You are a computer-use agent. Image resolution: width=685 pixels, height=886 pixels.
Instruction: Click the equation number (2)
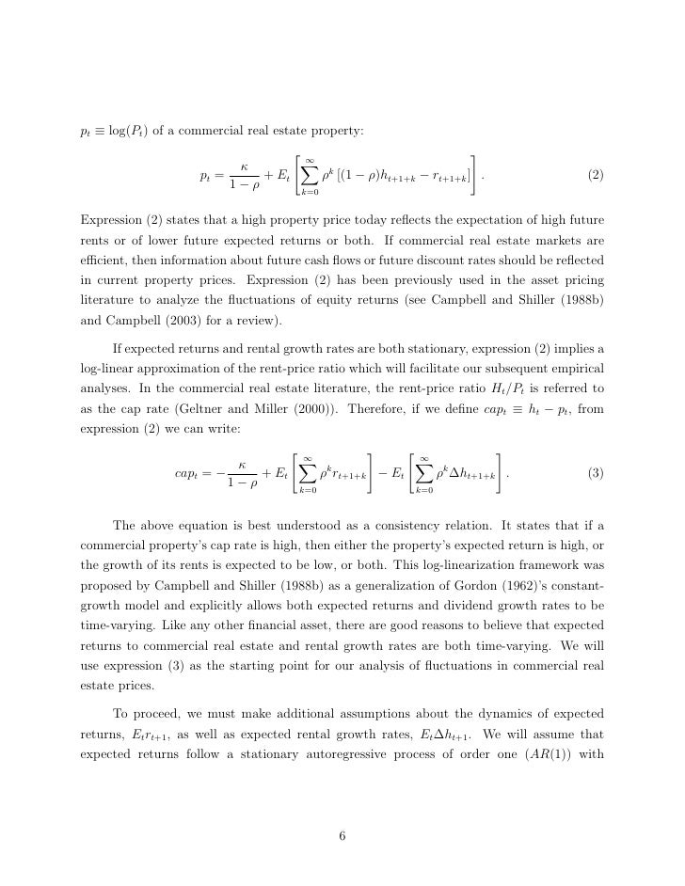[596, 176]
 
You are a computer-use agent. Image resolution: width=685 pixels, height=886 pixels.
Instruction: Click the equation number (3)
[596, 472]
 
